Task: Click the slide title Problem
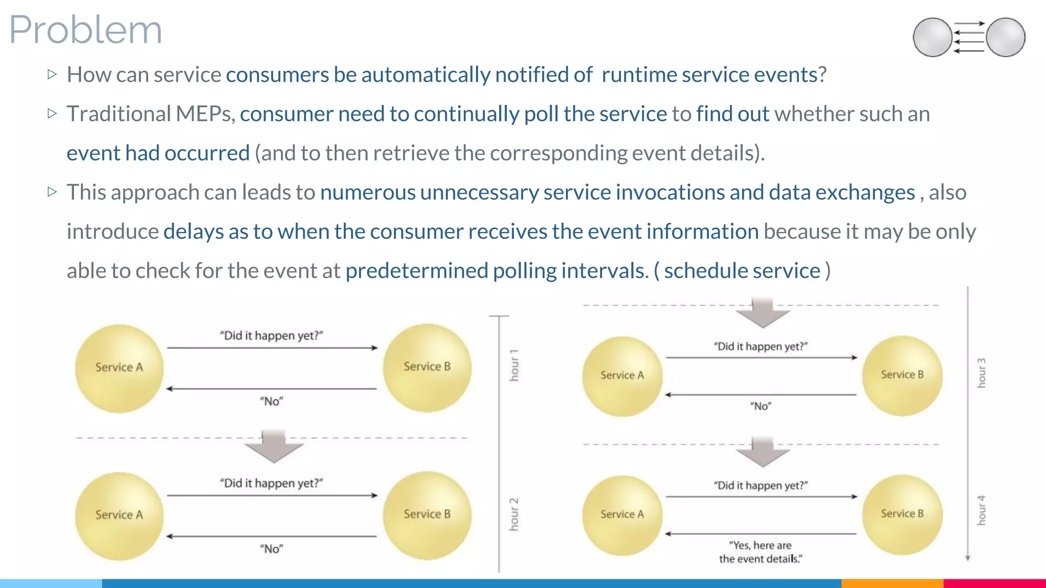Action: [86, 30]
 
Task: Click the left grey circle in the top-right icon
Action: [932, 37]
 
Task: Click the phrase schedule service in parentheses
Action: [742, 271]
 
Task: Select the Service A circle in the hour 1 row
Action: [119, 368]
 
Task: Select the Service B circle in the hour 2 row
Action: [427, 514]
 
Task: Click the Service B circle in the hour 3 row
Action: [902, 375]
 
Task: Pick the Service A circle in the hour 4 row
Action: [622, 514]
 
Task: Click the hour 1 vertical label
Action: [514, 365]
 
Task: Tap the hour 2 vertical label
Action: [514, 514]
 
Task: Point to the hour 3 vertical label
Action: [981, 373]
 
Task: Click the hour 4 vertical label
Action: [981, 510]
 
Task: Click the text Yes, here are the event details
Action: [760, 552]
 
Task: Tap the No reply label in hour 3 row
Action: [760, 406]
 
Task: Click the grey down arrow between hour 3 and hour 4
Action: [763, 452]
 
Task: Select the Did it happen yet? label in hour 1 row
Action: [272, 336]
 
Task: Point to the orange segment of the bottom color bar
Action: [892, 583]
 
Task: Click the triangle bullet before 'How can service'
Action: [52, 75]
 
